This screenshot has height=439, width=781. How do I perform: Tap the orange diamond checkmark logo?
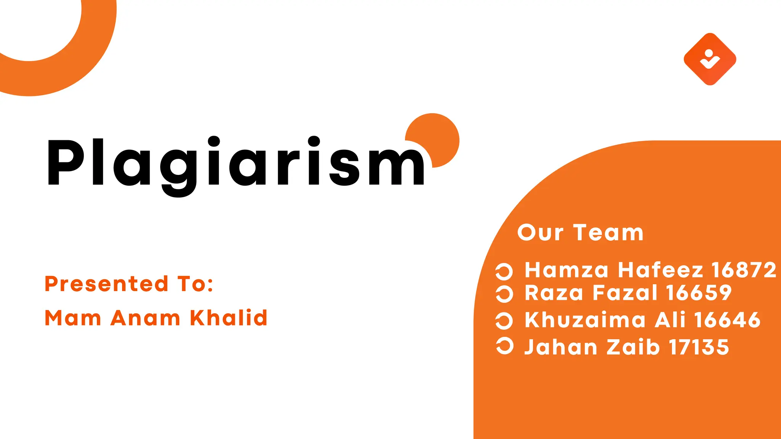(x=710, y=59)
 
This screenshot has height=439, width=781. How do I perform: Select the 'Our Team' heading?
(x=580, y=232)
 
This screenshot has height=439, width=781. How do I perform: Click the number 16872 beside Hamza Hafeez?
(x=744, y=270)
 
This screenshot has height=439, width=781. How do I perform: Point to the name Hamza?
(x=566, y=270)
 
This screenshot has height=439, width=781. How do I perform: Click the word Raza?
(x=554, y=293)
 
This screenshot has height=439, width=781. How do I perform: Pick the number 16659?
(x=699, y=293)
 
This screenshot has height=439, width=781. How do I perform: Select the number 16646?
(x=727, y=319)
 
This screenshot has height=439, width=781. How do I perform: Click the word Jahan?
(x=561, y=347)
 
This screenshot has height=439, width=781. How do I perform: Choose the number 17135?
(x=699, y=347)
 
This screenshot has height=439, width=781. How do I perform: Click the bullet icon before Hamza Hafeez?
(x=504, y=271)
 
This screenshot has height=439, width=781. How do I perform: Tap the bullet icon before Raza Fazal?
(x=504, y=294)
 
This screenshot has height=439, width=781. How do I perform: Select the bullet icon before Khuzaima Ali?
(x=504, y=320)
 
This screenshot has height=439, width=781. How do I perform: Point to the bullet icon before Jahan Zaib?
(x=504, y=346)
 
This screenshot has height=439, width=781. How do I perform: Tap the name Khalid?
(x=228, y=318)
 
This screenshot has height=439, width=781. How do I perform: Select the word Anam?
(x=145, y=318)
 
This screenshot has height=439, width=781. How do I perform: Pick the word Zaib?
(x=633, y=347)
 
